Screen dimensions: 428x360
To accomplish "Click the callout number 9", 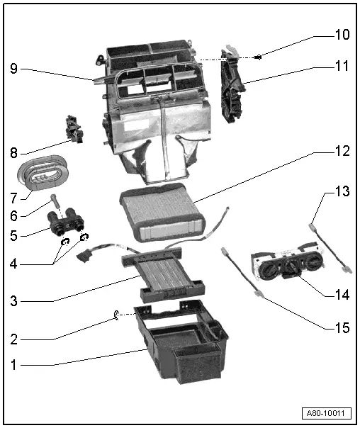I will (13, 69).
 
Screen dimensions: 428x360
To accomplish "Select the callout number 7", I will (13, 194).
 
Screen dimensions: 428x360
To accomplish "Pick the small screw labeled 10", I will (261, 57).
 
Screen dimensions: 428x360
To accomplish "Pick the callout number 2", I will (13, 339).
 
